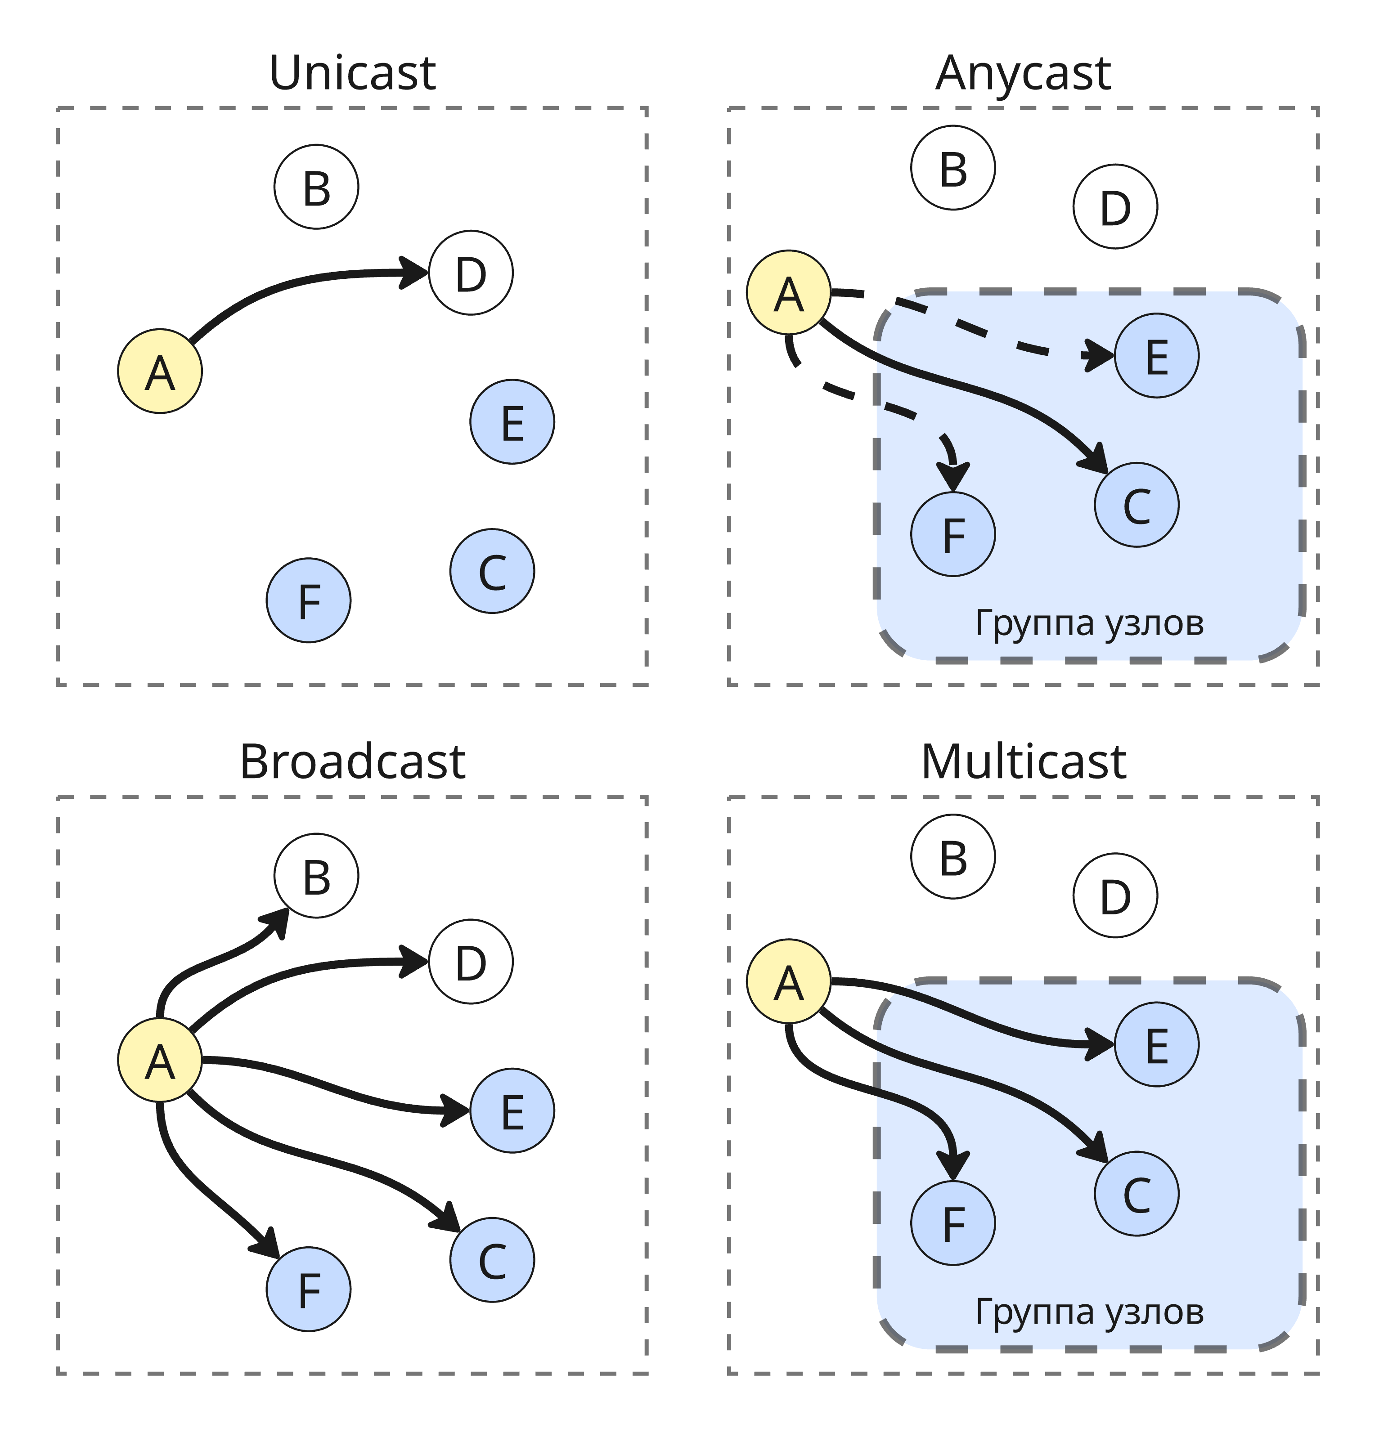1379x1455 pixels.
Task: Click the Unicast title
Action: point(353,73)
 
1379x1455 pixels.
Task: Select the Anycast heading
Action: point(1023,73)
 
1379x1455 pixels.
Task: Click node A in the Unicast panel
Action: point(160,371)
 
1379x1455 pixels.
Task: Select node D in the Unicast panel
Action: point(471,273)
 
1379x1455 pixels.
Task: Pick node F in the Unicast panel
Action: point(308,600)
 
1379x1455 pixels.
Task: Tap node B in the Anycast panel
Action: point(952,168)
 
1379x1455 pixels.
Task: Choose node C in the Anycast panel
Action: point(1136,505)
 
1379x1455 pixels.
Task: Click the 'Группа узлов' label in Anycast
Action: point(1089,623)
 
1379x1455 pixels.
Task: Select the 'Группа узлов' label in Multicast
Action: point(1089,1312)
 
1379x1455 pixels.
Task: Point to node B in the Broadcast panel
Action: point(316,875)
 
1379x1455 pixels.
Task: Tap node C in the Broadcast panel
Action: point(492,1259)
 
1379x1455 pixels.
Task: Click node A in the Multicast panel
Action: point(788,981)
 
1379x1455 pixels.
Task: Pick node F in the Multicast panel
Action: point(952,1223)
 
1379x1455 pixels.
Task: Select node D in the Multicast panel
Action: point(1115,895)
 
